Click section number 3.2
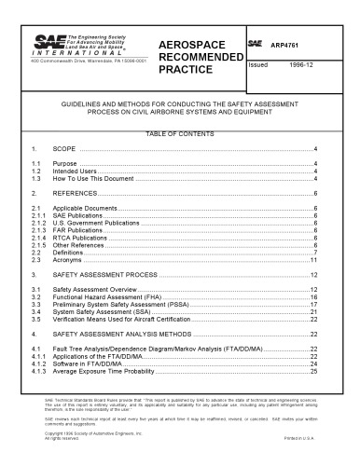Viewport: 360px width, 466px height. click(36, 295)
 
